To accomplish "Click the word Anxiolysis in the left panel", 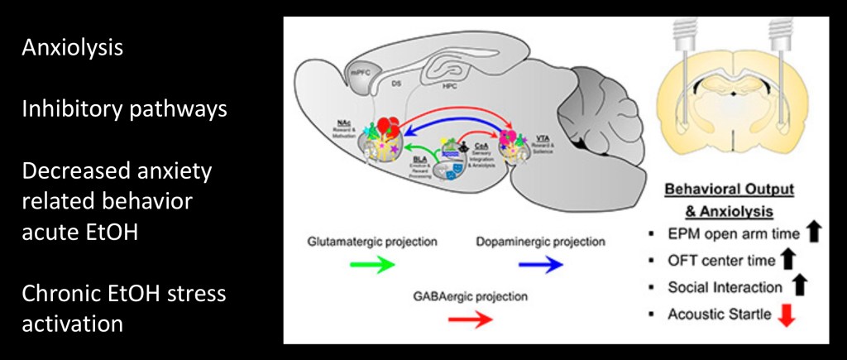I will [73, 47].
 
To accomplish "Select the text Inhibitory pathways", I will [124, 109].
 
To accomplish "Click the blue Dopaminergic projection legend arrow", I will [541, 265].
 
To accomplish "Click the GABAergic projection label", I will [470, 295].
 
